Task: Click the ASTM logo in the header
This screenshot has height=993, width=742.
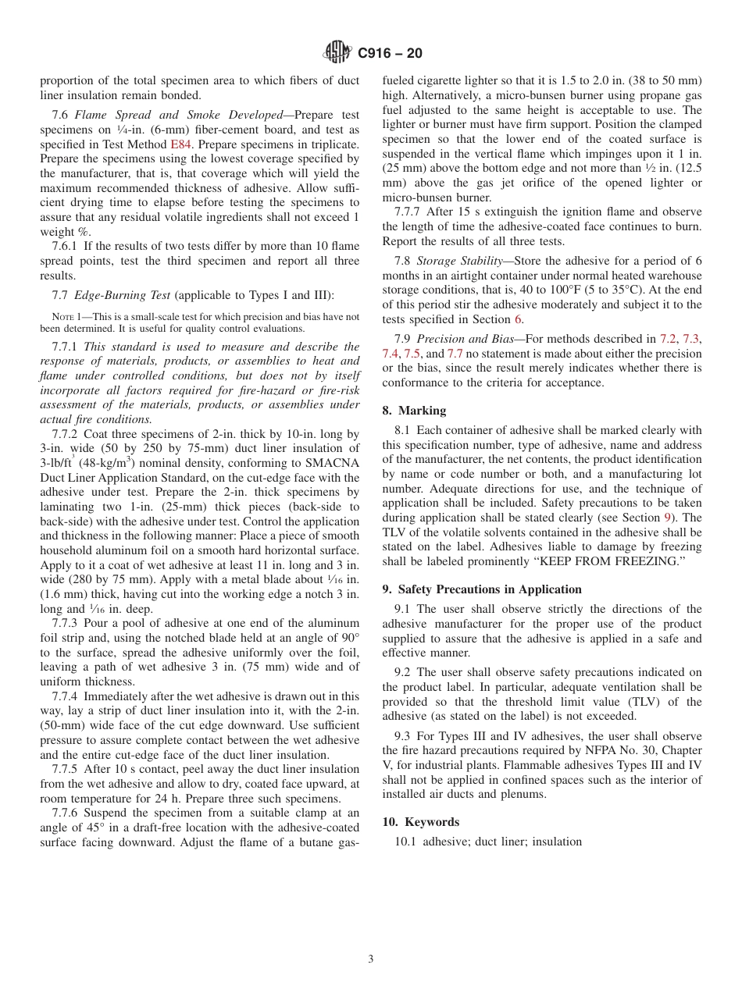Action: pyautogui.click(x=337, y=53)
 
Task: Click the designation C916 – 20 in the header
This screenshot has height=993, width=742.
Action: pyautogui.click(x=390, y=53)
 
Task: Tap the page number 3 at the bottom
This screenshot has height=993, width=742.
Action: pyautogui.click(x=370, y=959)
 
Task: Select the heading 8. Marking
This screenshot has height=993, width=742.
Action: pyautogui.click(x=414, y=410)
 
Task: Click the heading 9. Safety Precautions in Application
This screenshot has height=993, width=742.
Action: pyautogui.click(x=482, y=589)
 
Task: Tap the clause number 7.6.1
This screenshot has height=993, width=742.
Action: pyautogui.click(x=66, y=247)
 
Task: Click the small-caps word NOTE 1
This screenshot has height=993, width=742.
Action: pyautogui.click(x=66, y=317)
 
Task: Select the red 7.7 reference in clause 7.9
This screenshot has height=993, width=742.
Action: pyautogui.click(x=455, y=354)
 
